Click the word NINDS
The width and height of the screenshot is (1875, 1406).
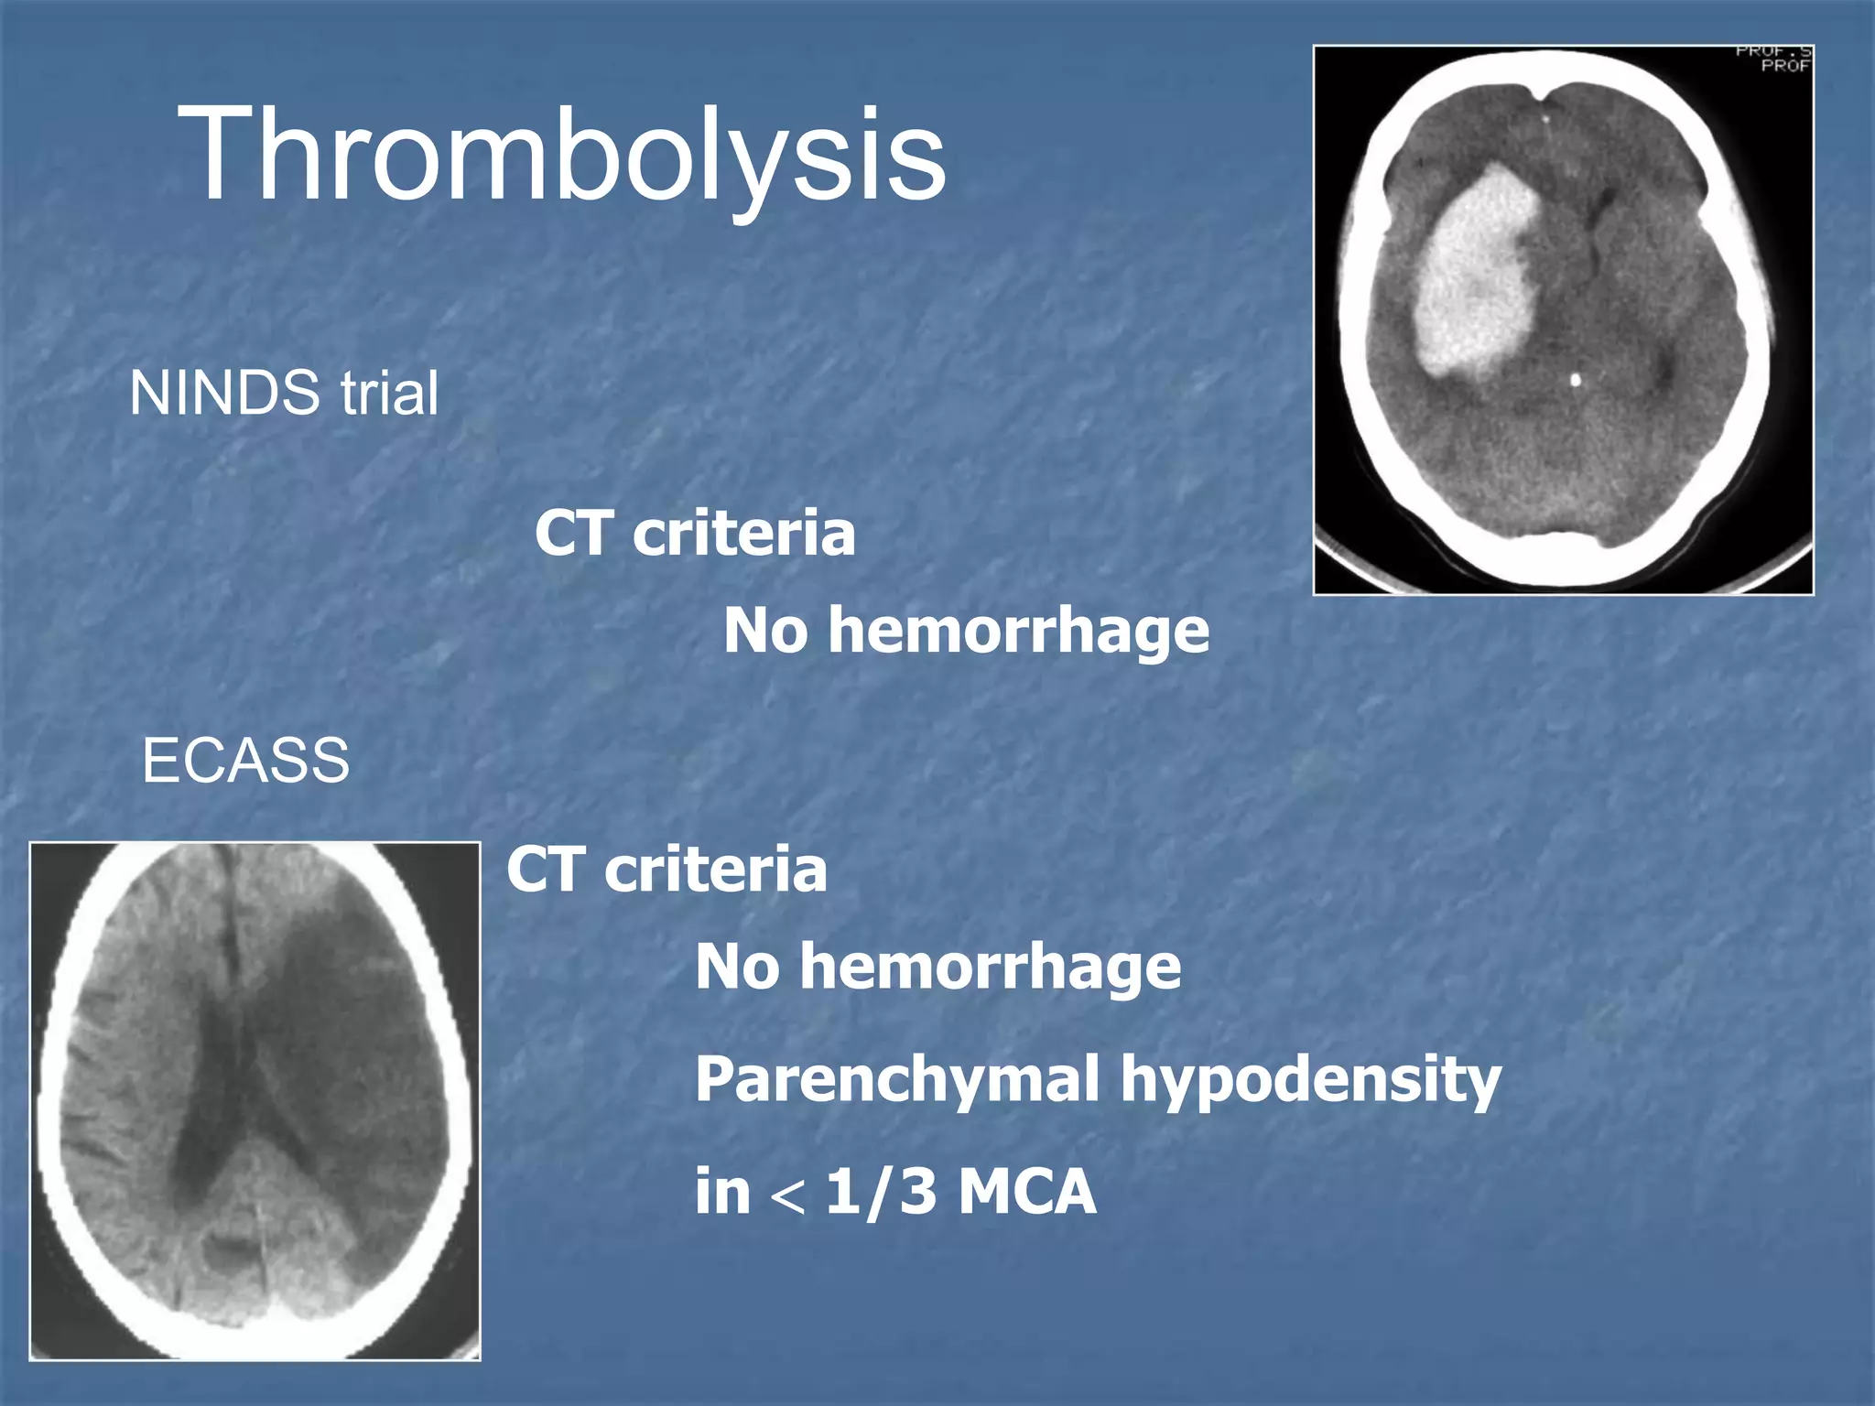(x=224, y=394)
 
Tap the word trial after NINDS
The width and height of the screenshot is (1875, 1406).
(x=390, y=394)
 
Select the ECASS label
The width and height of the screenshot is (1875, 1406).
(x=245, y=761)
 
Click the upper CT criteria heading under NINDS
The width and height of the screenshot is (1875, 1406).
(x=695, y=533)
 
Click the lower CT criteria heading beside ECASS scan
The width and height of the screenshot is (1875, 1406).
(x=667, y=870)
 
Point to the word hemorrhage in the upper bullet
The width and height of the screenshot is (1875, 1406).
(x=1018, y=632)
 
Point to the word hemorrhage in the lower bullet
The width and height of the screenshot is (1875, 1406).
(x=990, y=968)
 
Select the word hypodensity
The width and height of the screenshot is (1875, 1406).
(x=1311, y=1080)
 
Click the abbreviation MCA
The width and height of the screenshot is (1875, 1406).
(x=1027, y=1192)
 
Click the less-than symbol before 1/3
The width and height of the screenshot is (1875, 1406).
(x=788, y=1195)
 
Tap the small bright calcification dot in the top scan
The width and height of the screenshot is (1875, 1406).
(x=1576, y=379)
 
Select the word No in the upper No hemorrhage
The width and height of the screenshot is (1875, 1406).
(x=765, y=632)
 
